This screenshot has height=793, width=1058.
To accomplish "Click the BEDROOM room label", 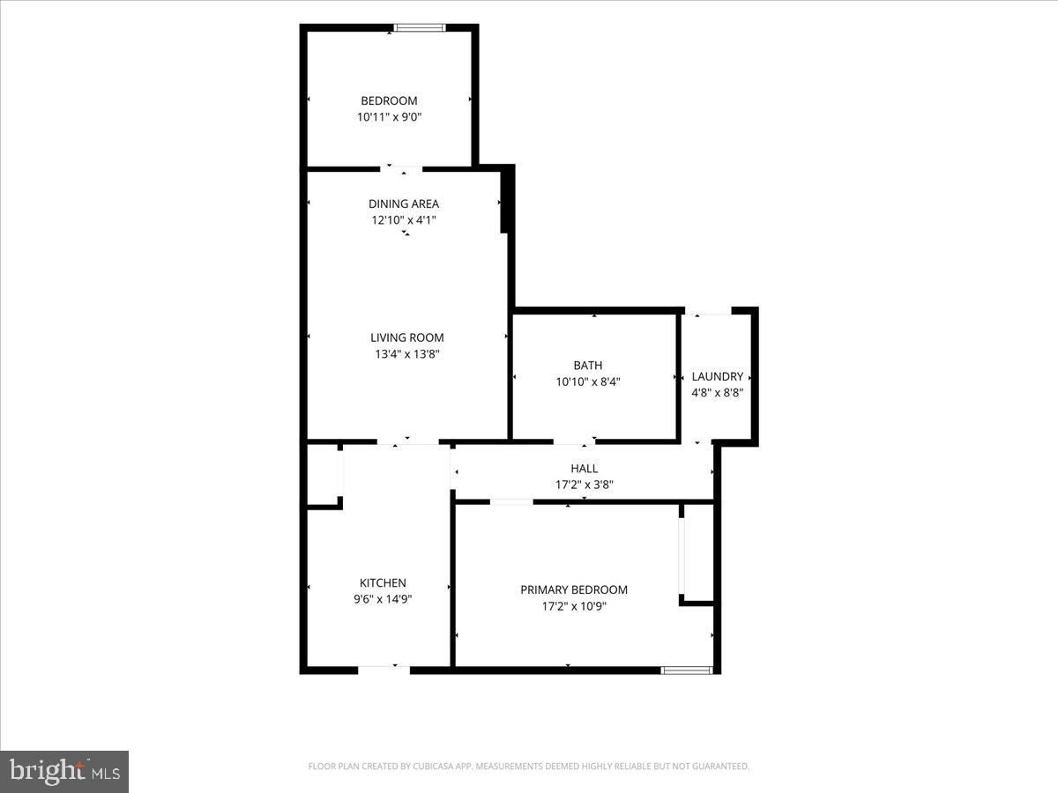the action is click(x=389, y=100).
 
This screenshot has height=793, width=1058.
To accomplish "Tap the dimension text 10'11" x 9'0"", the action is click(x=389, y=117).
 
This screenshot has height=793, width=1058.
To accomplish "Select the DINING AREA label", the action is click(x=404, y=204).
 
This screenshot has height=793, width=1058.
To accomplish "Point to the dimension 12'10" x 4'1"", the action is click(x=404, y=220).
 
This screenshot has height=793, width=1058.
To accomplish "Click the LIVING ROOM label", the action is click(x=406, y=337).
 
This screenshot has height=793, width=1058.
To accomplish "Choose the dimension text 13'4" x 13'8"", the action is click(x=406, y=354).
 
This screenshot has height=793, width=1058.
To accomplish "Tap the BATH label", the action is click(x=587, y=366).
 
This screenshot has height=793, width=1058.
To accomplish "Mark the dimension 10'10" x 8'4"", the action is click(x=587, y=382).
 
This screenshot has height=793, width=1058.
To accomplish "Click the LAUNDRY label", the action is click(x=717, y=376).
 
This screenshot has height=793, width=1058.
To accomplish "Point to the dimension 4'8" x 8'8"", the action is click(x=717, y=393).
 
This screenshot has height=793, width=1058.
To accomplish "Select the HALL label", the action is click(x=585, y=469).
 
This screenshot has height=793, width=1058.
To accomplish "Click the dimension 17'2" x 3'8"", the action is click(x=585, y=485).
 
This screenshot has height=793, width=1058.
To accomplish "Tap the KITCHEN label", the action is click(x=383, y=583).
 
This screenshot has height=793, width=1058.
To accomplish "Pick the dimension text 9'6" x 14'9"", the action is click(x=383, y=599).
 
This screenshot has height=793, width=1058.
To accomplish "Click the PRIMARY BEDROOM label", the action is click(x=574, y=589).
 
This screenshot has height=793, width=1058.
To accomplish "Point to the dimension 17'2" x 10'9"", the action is click(x=574, y=606).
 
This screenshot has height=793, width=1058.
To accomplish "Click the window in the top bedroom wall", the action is click(x=420, y=28).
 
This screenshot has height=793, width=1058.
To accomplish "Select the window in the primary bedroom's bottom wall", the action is click(x=686, y=671).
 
